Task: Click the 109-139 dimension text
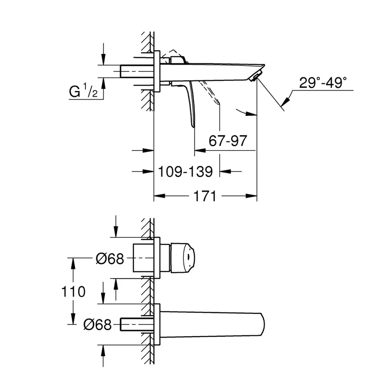pyautogui.click(x=185, y=172)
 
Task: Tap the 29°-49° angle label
pyautogui.click(x=323, y=83)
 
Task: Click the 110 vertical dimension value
pyautogui.click(x=74, y=292)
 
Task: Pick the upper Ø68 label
pyautogui.click(x=109, y=258)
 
